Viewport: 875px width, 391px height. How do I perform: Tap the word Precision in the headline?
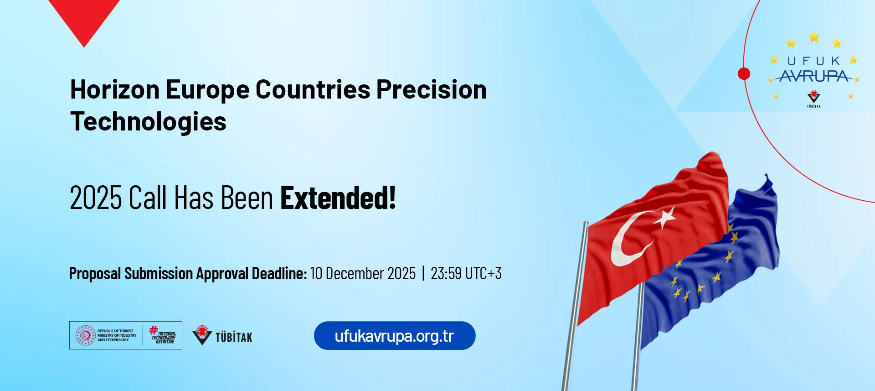pos(432,89)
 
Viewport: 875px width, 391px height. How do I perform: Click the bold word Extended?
pos(338,198)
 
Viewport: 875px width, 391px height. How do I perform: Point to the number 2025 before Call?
pos(96,198)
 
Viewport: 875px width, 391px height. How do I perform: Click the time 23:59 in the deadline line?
pos(446,273)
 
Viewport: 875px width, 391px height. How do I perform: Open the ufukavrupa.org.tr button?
pos(395,336)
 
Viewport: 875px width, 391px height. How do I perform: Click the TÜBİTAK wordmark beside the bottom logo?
pos(234,337)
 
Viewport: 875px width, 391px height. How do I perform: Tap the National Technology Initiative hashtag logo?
pos(163,335)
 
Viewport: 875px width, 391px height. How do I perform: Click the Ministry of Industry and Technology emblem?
pos(85,335)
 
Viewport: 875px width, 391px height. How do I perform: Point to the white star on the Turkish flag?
pos(666,217)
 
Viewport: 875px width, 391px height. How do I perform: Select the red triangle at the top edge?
pos(84,18)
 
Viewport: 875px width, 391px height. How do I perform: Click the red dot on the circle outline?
pos(744,73)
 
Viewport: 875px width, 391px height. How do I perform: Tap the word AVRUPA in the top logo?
pos(814,76)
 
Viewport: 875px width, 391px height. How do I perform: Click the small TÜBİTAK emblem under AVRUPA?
pos(814,97)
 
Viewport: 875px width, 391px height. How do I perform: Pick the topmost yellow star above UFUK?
pos(814,37)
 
